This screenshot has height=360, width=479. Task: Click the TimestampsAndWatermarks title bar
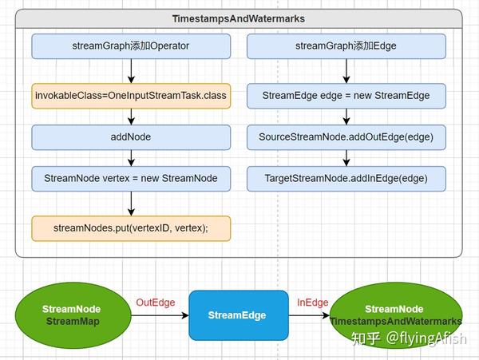point(239,18)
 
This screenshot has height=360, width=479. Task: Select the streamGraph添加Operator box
point(131,45)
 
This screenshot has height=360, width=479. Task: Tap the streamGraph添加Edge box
point(346,45)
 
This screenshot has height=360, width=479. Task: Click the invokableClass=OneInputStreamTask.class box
point(131,96)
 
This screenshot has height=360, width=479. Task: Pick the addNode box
point(131,136)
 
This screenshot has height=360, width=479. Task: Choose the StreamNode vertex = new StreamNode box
point(131,177)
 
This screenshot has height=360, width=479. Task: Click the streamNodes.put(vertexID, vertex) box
point(131,228)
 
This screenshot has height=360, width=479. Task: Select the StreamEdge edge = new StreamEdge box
point(346,96)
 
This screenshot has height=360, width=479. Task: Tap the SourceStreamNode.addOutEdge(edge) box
point(346,136)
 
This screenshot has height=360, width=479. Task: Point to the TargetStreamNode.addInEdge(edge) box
point(346,177)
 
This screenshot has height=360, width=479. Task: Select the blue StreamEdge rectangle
point(238,315)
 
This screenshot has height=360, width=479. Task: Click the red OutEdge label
point(155,303)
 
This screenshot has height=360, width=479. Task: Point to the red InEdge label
point(312,303)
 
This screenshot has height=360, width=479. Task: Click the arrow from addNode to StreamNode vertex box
point(131,157)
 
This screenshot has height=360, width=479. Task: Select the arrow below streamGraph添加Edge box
point(346,70)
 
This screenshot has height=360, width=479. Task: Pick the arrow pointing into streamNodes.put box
point(131,203)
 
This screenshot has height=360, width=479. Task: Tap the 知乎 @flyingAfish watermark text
point(406,338)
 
